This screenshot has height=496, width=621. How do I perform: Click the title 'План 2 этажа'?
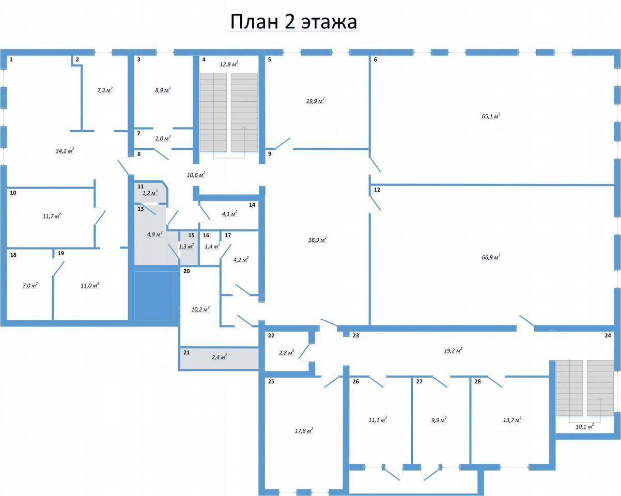(294, 22)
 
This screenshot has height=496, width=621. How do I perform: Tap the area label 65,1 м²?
(491, 116)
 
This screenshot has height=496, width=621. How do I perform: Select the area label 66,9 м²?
(491, 257)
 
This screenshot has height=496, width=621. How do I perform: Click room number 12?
(377, 190)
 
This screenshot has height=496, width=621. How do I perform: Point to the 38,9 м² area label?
(317, 240)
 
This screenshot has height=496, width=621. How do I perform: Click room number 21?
(187, 352)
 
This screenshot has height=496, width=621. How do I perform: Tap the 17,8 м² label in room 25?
(304, 430)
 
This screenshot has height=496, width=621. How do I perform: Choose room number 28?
(477, 381)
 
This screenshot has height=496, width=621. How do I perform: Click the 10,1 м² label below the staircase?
(585, 426)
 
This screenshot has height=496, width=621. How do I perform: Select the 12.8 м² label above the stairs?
(229, 64)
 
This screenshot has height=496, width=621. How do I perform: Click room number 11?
(141, 187)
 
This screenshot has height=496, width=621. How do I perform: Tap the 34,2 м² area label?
(65, 150)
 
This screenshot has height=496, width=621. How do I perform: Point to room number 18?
(13, 255)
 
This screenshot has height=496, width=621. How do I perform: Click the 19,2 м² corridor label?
(453, 350)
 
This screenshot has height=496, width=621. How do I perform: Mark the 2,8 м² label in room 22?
(287, 352)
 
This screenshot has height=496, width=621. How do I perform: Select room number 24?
(608, 335)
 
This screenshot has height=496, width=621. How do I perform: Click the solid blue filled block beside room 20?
(154, 296)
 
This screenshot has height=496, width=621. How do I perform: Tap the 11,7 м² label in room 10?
(52, 216)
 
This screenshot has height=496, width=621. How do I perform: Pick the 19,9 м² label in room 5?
(315, 101)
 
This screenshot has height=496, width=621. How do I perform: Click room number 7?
(139, 133)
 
